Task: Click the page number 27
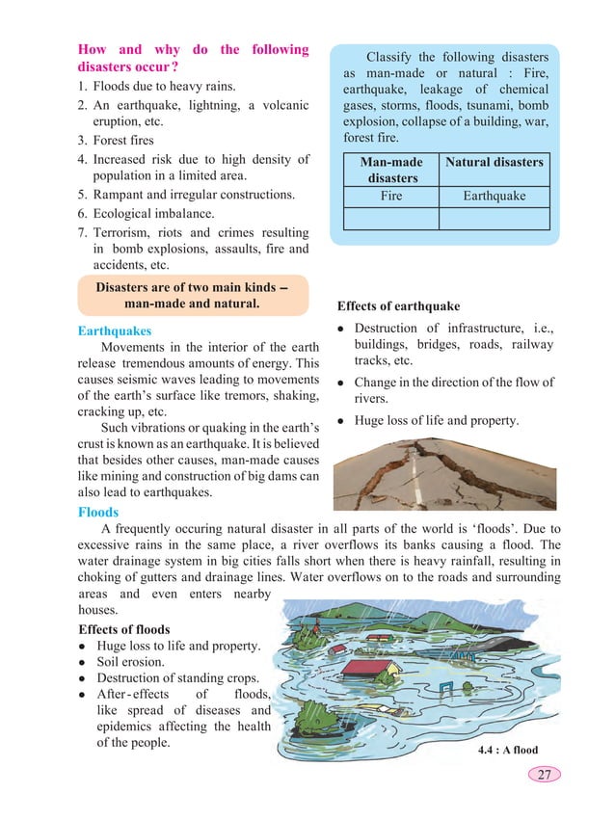tap(545, 775)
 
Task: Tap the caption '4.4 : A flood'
tap(507, 750)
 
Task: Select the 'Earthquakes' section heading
tap(114, 331)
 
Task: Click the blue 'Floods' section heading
tap(98, 513)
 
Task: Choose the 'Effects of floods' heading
tap(124, 629)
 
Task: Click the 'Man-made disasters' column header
tap(392, 171)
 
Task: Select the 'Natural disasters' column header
tap(494, 163)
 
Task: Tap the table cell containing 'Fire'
tap(392, 197)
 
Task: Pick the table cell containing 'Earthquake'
tap(494, 197)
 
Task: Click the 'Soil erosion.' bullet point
tap(134, 663)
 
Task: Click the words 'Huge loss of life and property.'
tap(437, 420)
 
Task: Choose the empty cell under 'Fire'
tap(392, 219)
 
